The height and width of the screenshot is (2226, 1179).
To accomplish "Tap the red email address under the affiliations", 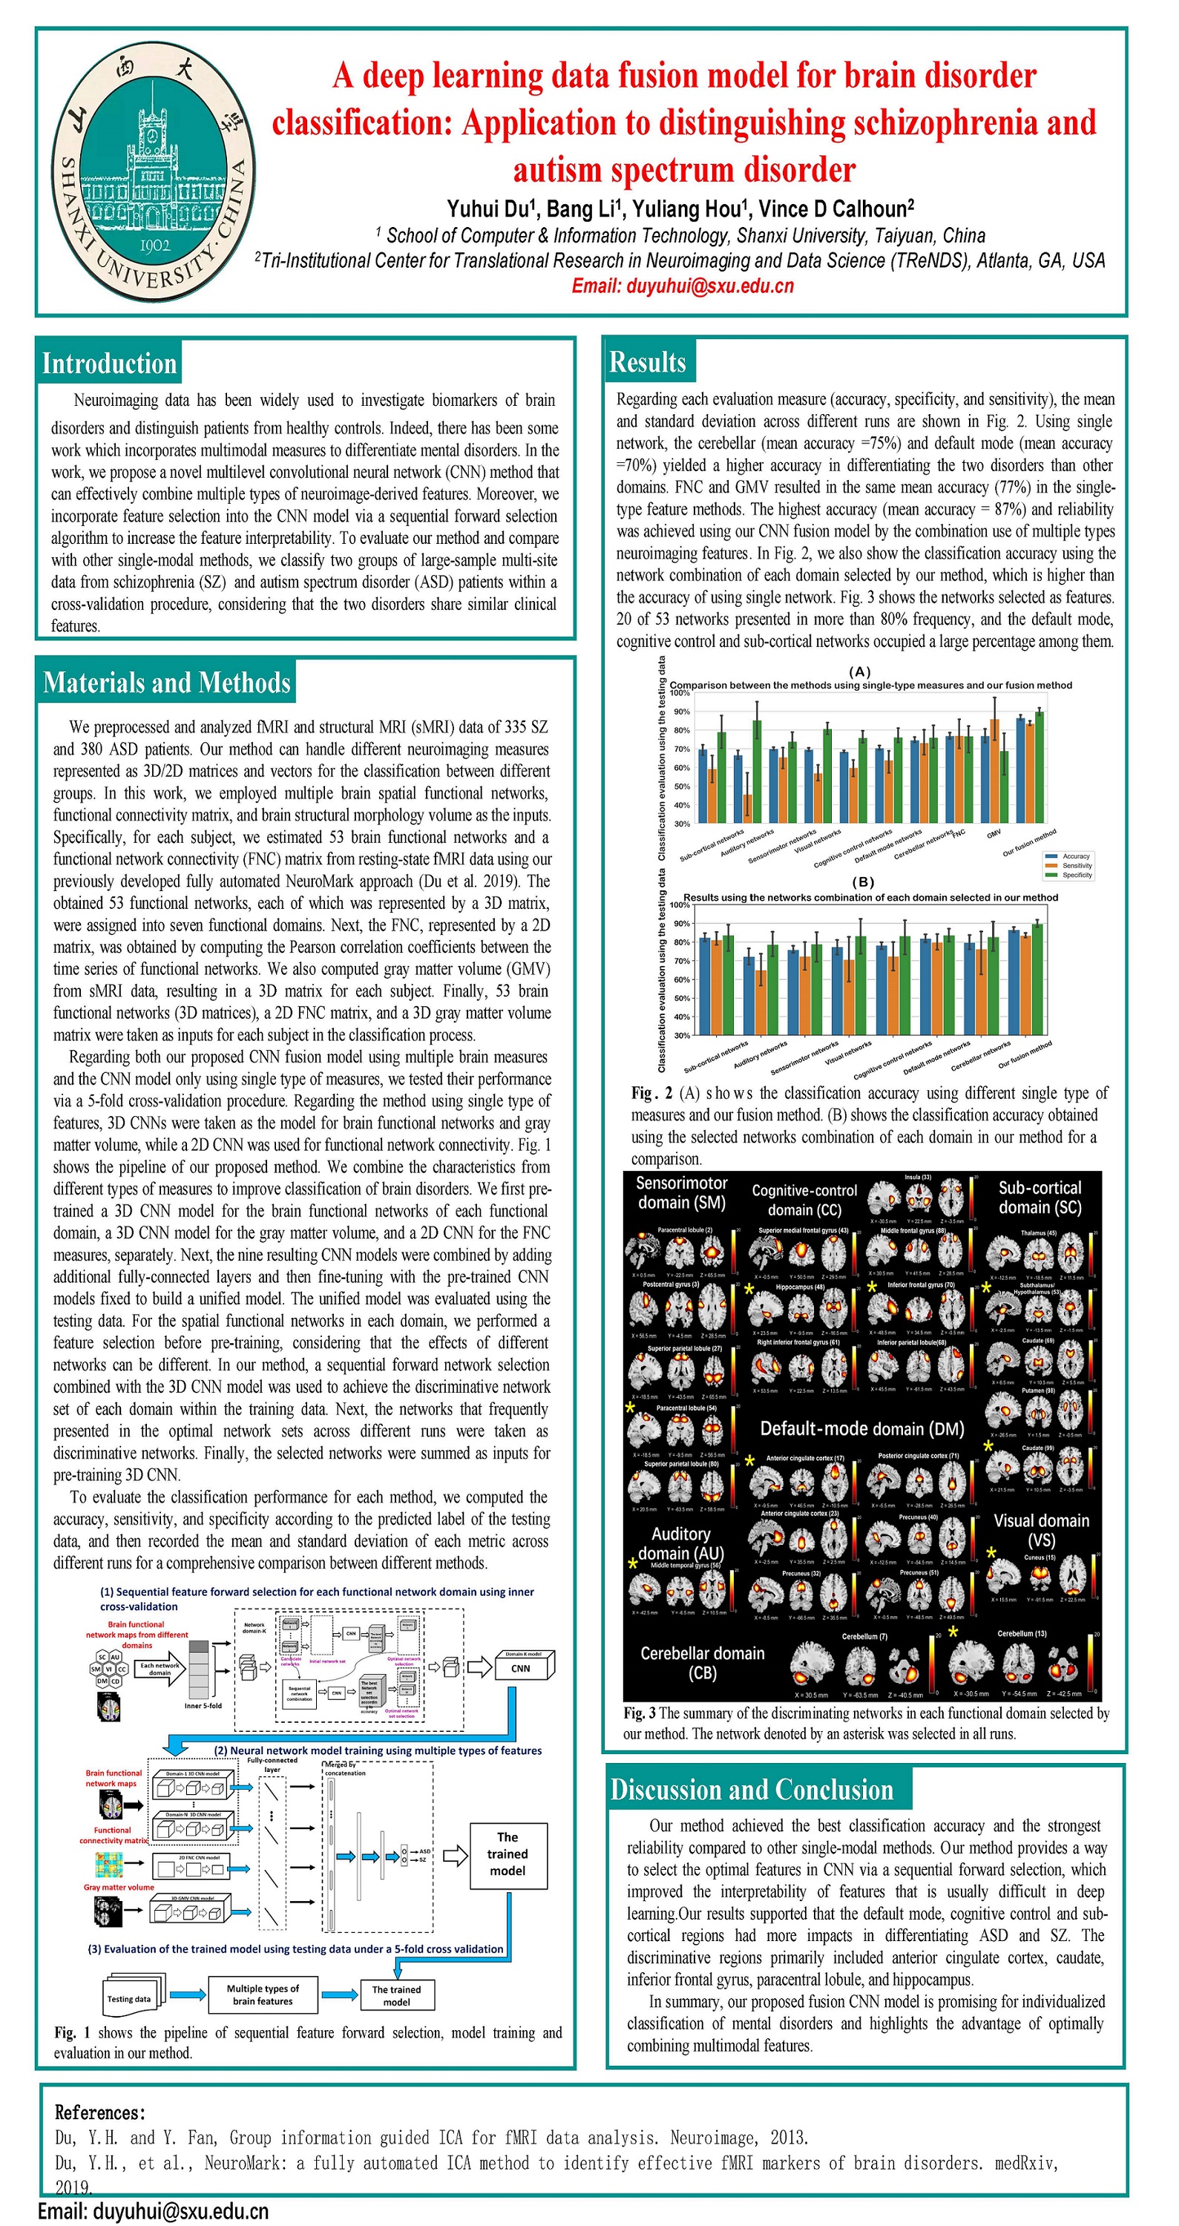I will coord(682,286).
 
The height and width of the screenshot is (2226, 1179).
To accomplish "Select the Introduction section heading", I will coord(109,363).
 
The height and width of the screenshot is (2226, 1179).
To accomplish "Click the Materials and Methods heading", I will coord(166,683).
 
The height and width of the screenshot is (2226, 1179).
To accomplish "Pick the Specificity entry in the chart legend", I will coord(1076,875).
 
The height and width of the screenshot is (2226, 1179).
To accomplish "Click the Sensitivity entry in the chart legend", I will coord(1076,865).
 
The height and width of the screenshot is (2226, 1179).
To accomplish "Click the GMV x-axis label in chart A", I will coord(994,833).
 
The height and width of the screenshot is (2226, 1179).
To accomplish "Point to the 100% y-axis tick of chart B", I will coord(680,904).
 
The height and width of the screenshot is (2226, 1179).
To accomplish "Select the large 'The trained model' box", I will coord(508,1854).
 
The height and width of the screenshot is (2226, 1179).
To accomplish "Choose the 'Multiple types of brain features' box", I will coord(262,1994).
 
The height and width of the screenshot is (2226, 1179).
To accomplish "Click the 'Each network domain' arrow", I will coord(161,1669).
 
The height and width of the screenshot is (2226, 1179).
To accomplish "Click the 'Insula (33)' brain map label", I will coord(918,1177).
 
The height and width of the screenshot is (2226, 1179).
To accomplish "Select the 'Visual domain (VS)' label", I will coord(1041,1530).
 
